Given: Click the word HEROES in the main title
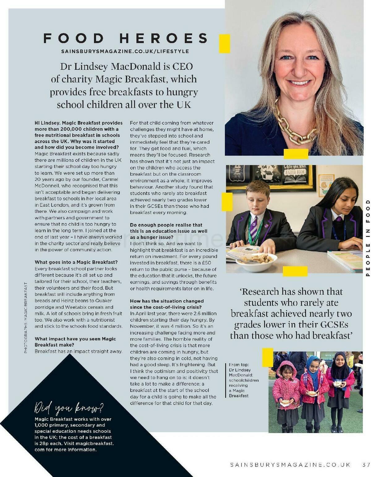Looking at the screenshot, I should coord(164,38).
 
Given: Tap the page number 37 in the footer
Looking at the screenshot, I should coord(366,465).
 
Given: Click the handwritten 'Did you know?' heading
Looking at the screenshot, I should coord(69,408).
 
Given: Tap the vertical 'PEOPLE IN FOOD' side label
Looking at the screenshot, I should coord(368,238).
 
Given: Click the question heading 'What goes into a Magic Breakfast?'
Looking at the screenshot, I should coord(76,262).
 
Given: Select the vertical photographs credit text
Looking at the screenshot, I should coord(26,317).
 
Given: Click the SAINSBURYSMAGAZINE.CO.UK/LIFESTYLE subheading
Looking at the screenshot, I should coord(125,51).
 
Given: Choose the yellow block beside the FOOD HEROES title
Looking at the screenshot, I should coord(225,44).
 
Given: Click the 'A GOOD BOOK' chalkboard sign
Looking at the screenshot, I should coord(295,172).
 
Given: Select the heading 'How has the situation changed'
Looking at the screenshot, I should coord(167,301).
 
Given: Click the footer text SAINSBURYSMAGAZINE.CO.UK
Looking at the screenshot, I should coord(290,465).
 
